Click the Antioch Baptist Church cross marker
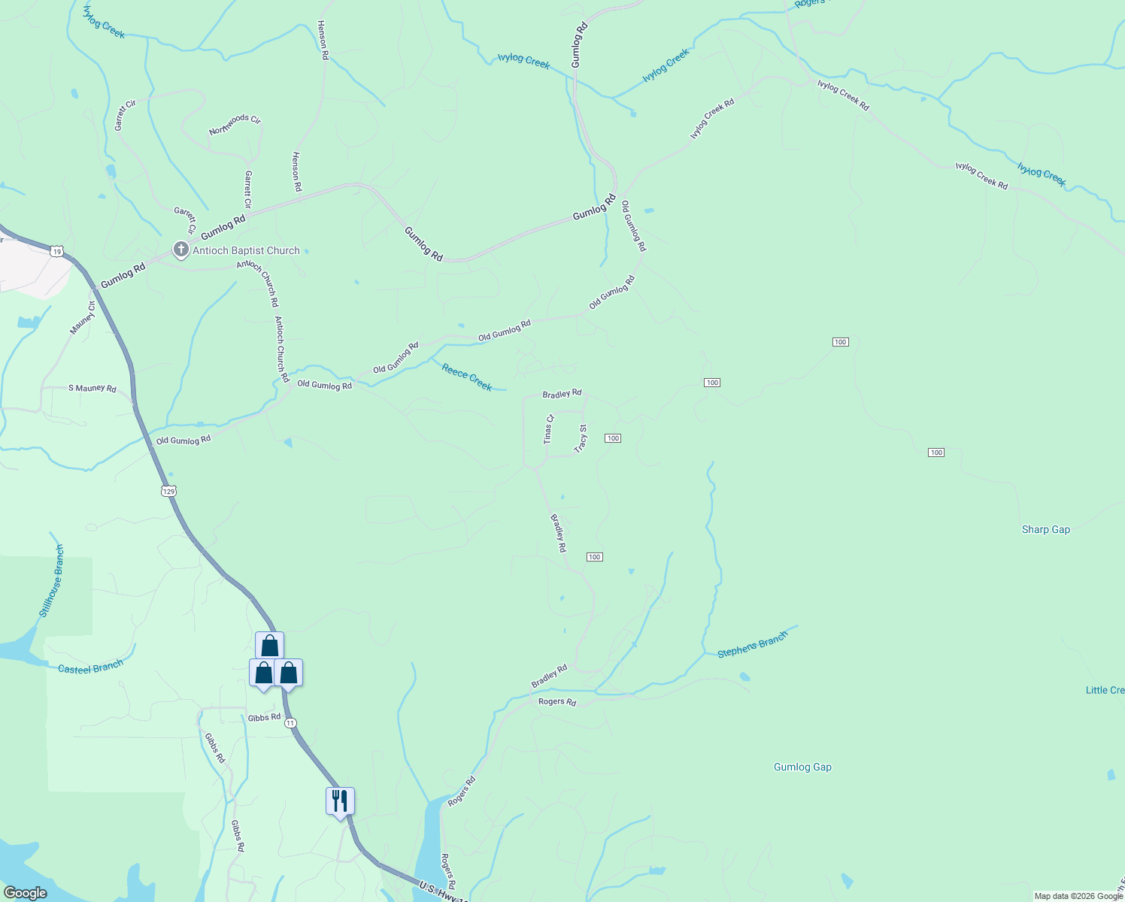(x=180, y=250)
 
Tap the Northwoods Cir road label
(x=235, y=125)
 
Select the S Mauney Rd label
(x=92, y=388)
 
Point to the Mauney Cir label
(x=83, y=318)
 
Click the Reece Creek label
(x=467, y=377)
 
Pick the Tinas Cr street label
(x=549, y=429)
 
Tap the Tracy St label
(x=581, y=439)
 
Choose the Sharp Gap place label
(x=1045, y=529)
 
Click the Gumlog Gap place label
(x=802, y=767)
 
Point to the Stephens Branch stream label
(x=752, y=644)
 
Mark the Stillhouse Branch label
(x=51, y=581)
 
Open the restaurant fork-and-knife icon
(x=340, y=801)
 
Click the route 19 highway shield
(x=57, y=251)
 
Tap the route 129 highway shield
(x=168, y=491)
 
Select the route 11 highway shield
(x=291, y=722)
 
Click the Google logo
(x=25, y=893)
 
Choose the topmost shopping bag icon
(x=269, y=646)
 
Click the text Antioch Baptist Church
(x=246, y=250)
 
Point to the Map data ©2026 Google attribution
(x=1078, y=896)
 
